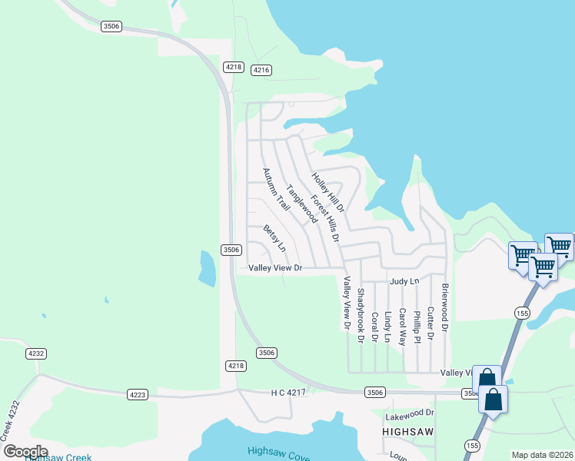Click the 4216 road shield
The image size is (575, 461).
pos(261,70)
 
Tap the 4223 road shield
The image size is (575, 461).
pos(137,394)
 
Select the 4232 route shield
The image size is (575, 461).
pos(35,353)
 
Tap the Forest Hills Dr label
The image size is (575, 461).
pos(325,217)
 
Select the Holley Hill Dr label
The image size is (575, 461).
pos(328,192)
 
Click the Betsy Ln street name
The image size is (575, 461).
pos(274,238)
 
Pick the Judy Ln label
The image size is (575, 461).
pos(404,282)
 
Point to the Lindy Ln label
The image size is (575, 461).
pos(388,327)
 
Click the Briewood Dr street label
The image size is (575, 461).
pos(444,307)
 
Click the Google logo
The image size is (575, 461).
pos(25,451)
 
